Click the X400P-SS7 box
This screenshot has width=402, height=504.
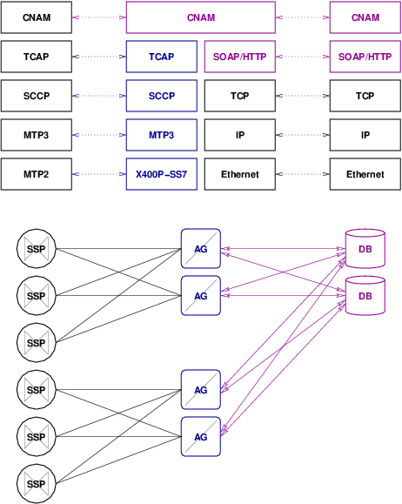(x=162, y=174)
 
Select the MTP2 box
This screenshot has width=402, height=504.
(x=37, y=174)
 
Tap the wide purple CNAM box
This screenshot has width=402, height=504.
(x=201, y=17)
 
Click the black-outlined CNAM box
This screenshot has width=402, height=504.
(x=37, y=17)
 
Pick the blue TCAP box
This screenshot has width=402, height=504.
(x=162, y=57)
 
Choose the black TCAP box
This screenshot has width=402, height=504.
(x=37, y=57)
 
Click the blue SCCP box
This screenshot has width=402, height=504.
(x=162, y=96)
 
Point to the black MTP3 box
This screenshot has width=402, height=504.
(x=37, y=135)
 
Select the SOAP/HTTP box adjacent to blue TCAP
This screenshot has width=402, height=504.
(x=240, y=57)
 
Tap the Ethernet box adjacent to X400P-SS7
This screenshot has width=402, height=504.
(x=240, y=174)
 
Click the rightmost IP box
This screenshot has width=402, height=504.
(x=365, y=135)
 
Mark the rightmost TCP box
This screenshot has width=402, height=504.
(x=365, y=96)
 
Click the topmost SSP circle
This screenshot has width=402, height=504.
(x=36, y=249)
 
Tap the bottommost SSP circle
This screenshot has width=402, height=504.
(x=36, y=484)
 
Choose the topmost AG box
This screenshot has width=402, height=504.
(x=200, y=249)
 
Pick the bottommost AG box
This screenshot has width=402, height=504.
(x=200, y=437)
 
